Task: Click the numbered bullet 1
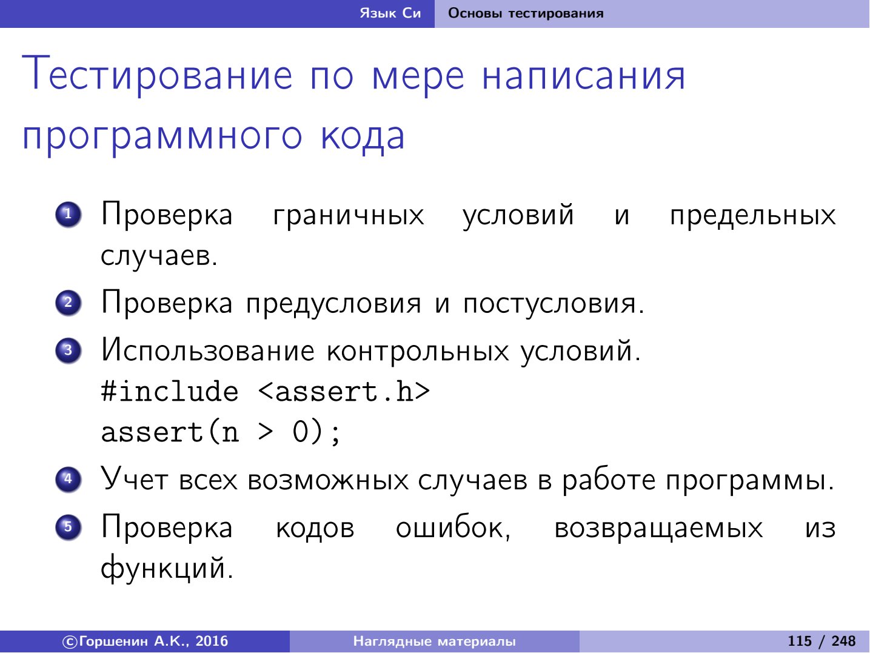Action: (68, 215)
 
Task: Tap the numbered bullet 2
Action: (68, 303)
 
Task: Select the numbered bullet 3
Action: (68, 350)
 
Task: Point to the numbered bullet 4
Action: (68, 480)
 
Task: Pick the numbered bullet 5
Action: (68, 527)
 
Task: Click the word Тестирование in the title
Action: (158, 75)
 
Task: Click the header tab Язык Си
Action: (390, 13)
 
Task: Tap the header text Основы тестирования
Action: (526, 13)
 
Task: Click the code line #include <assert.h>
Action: (265, 392)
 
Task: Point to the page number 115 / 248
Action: (821, 641)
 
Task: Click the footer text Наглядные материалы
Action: (435, 641)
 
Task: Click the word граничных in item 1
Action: (349, 216)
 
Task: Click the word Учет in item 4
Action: (133, 479)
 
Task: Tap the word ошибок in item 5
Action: (453, 528)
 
